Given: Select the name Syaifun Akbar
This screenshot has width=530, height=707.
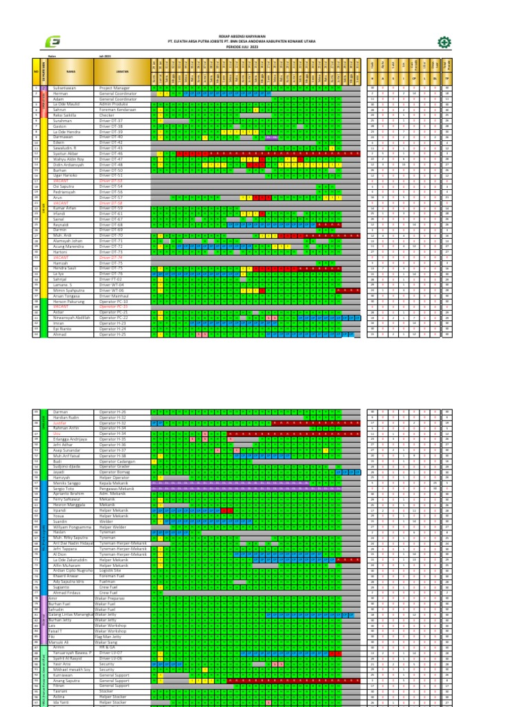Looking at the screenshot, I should [66, 153].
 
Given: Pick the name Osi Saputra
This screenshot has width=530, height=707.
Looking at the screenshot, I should [63, 186].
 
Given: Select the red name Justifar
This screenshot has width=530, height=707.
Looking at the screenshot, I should [61, 422].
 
